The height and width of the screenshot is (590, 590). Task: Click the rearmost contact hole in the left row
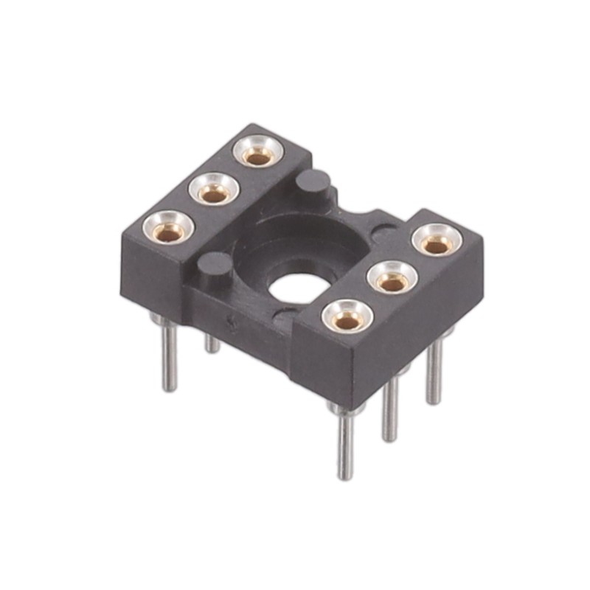pyautogui.click(x=257, y=156)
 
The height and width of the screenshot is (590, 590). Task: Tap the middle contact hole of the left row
pyautogui.click(x=215, y=192)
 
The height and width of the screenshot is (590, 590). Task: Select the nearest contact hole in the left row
pyautogui.click(x=169, y=230)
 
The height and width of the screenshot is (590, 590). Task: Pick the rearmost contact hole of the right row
pyautogui.click(x=437, y=243)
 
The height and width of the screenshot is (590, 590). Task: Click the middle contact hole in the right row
pyautogui.click(x=393, y=280)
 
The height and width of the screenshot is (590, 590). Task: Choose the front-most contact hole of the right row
pyautogui.click(x=347, y=319)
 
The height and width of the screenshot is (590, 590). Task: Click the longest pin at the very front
pyautogui.click(x=345, y=442)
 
